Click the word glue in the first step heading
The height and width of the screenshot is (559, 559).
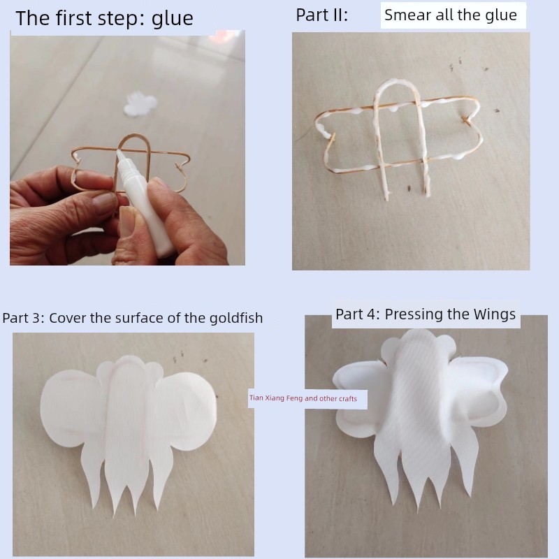point(173,20)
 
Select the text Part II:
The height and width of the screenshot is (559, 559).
point(321,15)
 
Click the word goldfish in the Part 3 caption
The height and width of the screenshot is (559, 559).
point(236,319)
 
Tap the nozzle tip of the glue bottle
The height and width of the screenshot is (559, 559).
point(118,152)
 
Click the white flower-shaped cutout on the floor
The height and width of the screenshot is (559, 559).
point(140,103)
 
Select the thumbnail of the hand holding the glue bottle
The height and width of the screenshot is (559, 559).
point(127,147)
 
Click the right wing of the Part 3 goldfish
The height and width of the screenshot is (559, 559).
point(187,412)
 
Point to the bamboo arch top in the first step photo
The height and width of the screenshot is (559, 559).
point(135,136)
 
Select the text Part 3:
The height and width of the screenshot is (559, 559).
point(23,318)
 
